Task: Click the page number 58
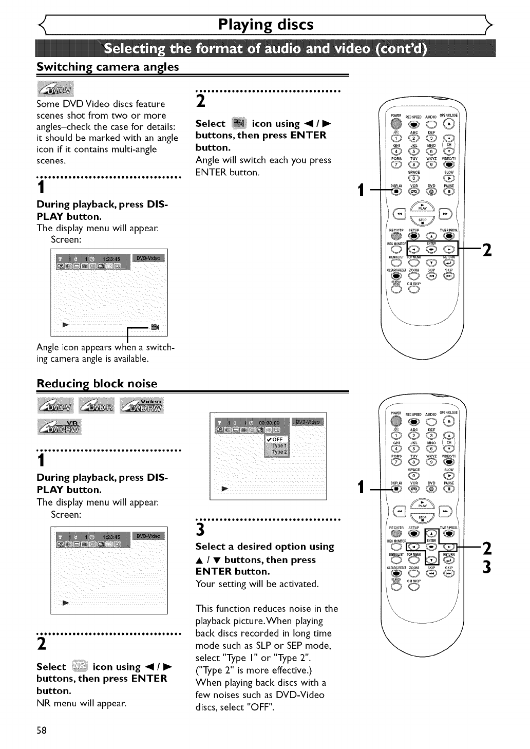coord(42,731)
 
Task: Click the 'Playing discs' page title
coord(265,25)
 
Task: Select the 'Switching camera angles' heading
coord(108,67)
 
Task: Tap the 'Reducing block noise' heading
coord(97,384)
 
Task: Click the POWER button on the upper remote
coord(395,123)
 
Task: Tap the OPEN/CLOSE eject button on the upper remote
coord(450,123)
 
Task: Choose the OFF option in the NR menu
coord(277,439)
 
